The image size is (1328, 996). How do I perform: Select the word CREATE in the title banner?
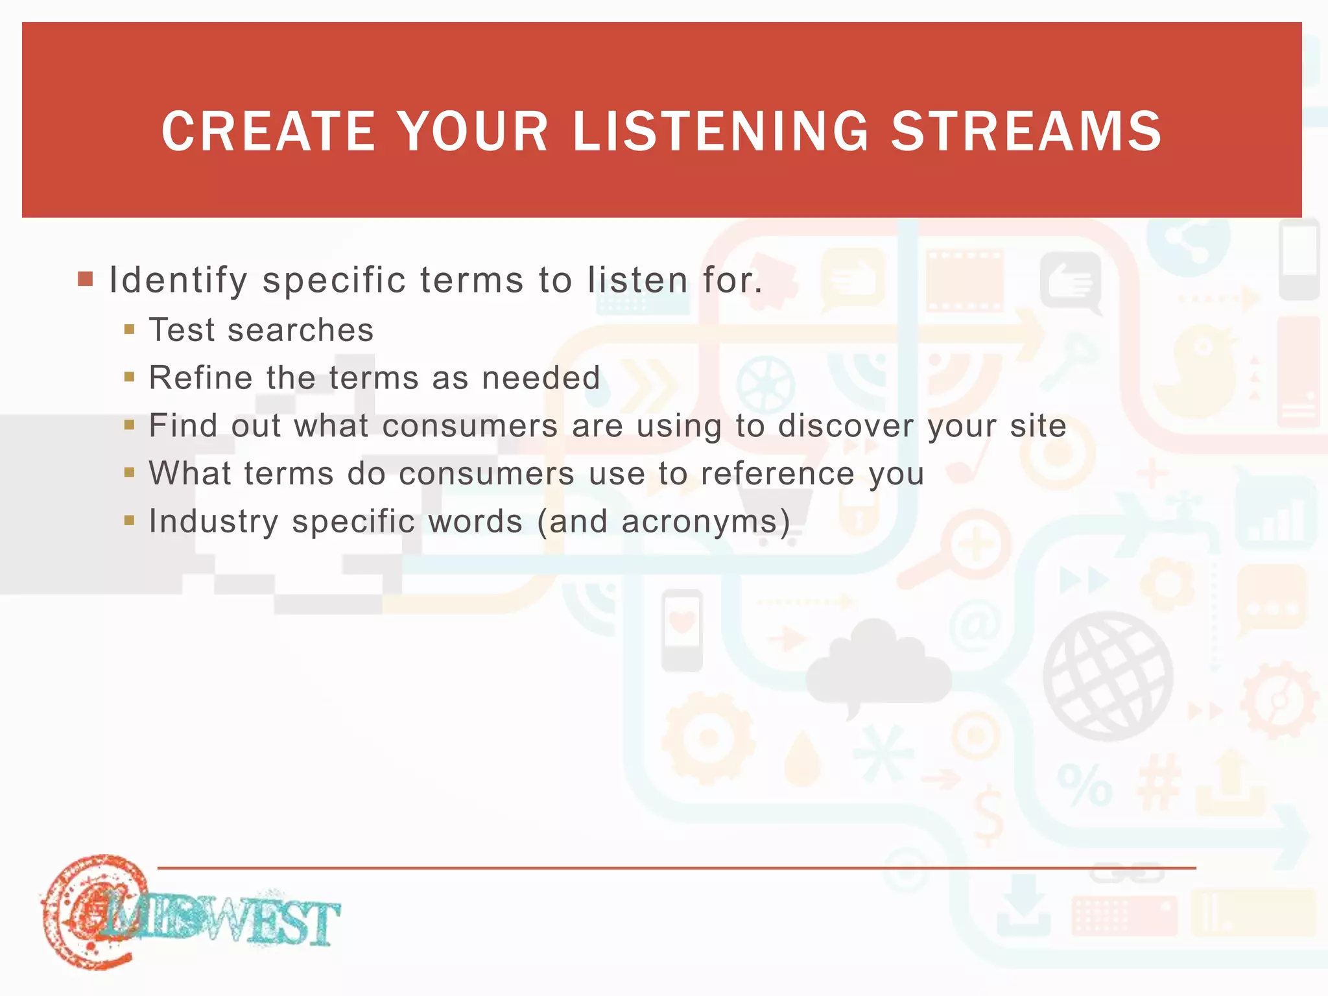point(268,132)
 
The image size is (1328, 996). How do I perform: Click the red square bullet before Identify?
point(85,279)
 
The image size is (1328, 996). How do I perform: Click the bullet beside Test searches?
point(129,329)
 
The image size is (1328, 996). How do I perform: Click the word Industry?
point(213,521)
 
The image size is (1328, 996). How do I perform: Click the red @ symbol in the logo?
point(91,911)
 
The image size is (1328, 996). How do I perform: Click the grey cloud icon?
point(879,668)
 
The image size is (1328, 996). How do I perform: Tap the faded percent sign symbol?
point(1084,785)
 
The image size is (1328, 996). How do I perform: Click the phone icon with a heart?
point(682,629)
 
